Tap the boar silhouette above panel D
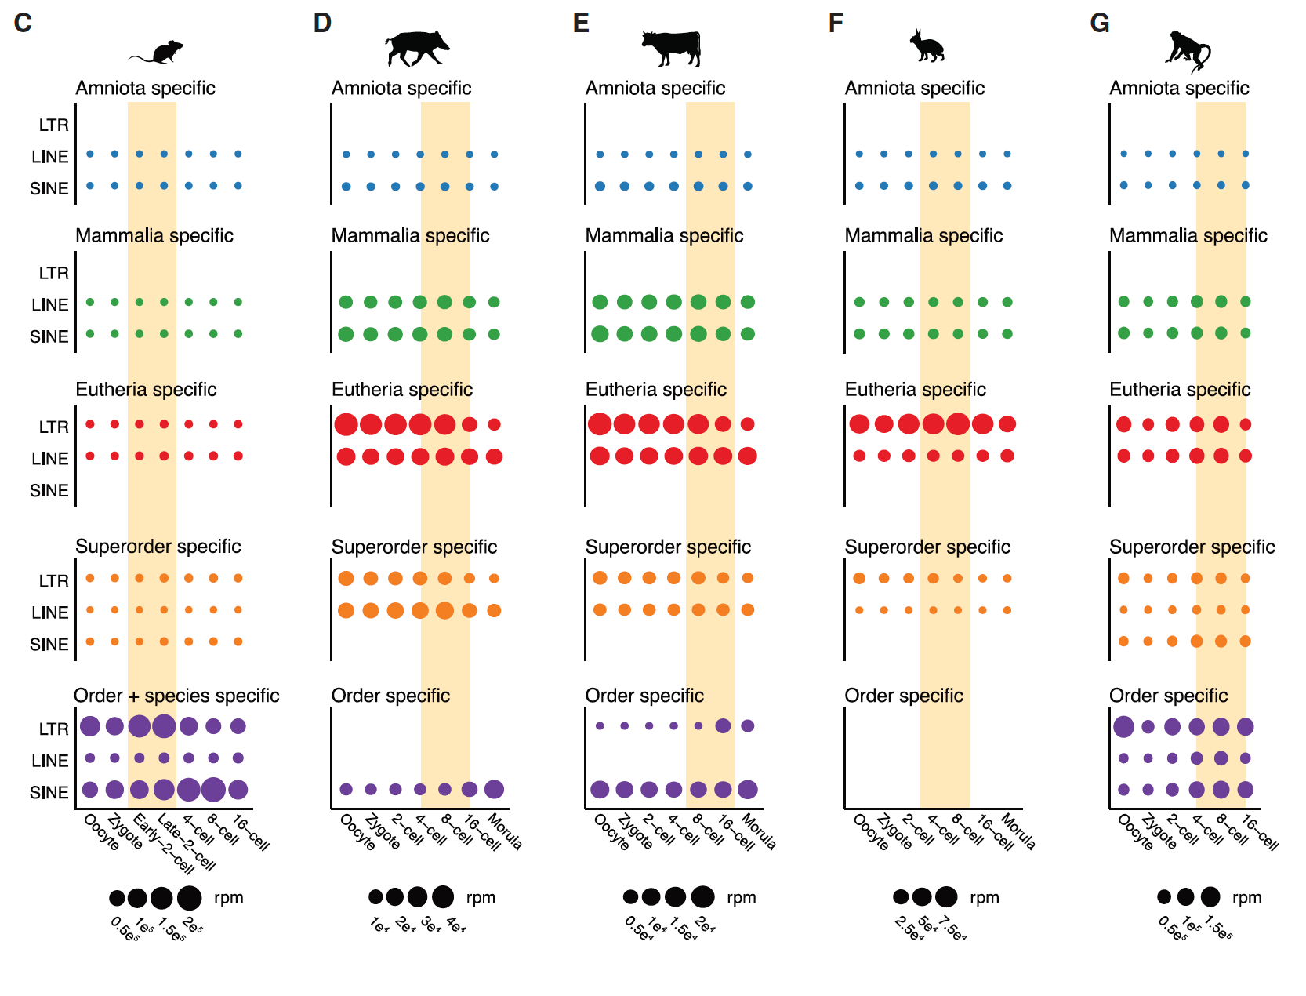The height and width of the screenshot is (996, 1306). point(416,48)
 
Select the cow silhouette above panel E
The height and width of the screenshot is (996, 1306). point(672,48)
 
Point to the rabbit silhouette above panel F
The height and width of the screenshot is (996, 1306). point(927,46)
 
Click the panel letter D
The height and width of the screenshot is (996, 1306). point(322,23)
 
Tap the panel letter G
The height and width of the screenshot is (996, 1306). point(1100,23)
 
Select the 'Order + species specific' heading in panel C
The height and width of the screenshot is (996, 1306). point(176,696)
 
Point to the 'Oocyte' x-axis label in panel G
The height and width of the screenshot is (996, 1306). point(1135,833)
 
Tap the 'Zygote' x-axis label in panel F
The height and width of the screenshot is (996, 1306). point(894,833)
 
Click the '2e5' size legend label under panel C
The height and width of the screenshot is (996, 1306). point(193,925)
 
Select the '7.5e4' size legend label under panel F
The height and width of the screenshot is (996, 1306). point(953,929)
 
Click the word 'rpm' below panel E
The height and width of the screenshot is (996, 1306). point(741,898)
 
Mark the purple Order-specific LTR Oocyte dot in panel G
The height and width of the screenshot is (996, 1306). point(1123,726)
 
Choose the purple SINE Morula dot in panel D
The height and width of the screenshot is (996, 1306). point(494,789)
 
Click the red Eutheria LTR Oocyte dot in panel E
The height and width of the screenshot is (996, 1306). point(600,424)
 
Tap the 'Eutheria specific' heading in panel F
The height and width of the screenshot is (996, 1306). point(915,390)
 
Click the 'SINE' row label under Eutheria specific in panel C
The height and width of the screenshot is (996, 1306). point(49,491)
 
